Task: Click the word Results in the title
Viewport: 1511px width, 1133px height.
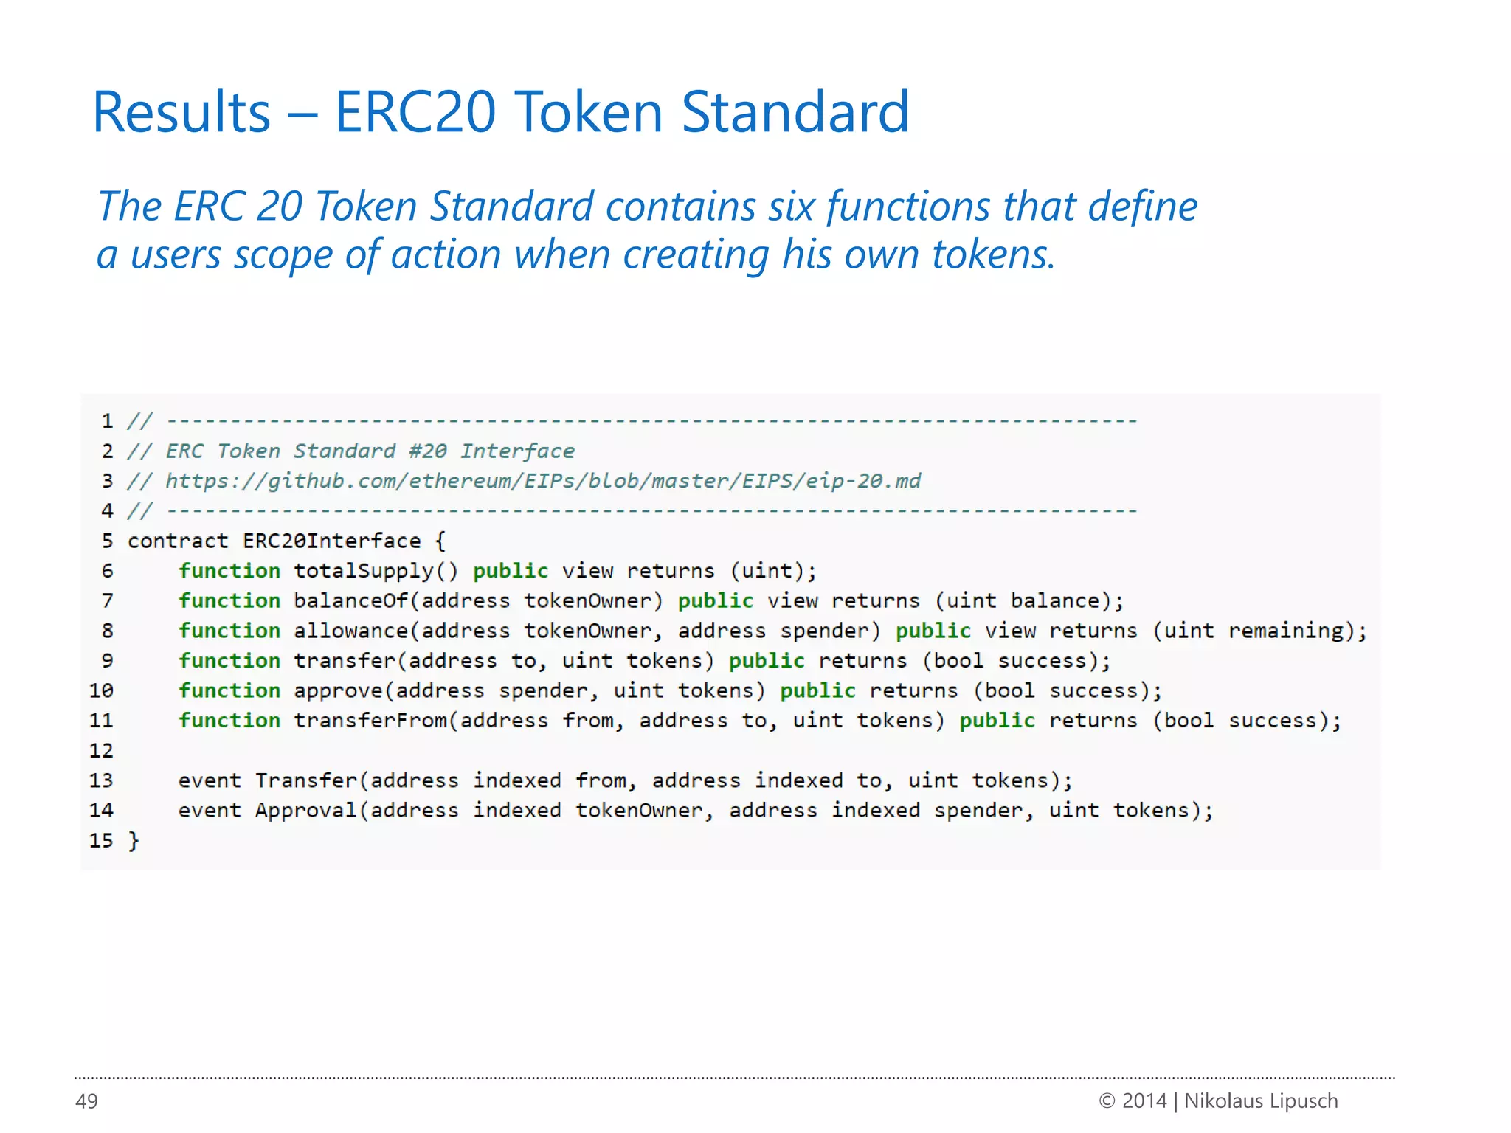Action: pyautogui.click(x=181, y=112)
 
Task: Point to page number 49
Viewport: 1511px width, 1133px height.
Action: pyautogui.click(x=86, y=1101)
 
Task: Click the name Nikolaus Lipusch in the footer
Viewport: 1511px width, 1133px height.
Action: pyautogui.click(x=1260, y=1101)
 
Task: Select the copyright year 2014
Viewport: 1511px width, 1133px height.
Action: pyautogui.click(x=1144, y=1101)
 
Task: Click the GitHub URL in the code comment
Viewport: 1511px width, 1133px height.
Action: pyautogui.click(x=542, y=481)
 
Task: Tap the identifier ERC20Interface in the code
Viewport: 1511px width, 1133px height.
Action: pyautogui.click(x=331, y=541)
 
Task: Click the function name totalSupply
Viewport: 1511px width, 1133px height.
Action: pyautogui.click(x=363, y=571)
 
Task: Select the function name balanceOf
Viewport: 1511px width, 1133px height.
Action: pyautogui.click(x=350, y=600)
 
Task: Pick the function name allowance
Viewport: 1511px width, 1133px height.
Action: pyautogui.click(x=350, y=631)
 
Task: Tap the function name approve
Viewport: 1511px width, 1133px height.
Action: pyautogui.click(x=338, y=690)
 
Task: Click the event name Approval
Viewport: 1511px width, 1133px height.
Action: pyautogui.click(x=305, y=811)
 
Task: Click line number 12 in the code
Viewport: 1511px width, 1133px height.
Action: pyautogui.click(x=101, y=751)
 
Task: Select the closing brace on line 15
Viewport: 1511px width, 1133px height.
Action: pyautogui.click(x=134, y=841)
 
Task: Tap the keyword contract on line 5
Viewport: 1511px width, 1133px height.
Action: pyautogui.click(x=178, y=541)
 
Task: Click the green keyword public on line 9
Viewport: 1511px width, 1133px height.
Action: pyautogui.click(x=767, y=661)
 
